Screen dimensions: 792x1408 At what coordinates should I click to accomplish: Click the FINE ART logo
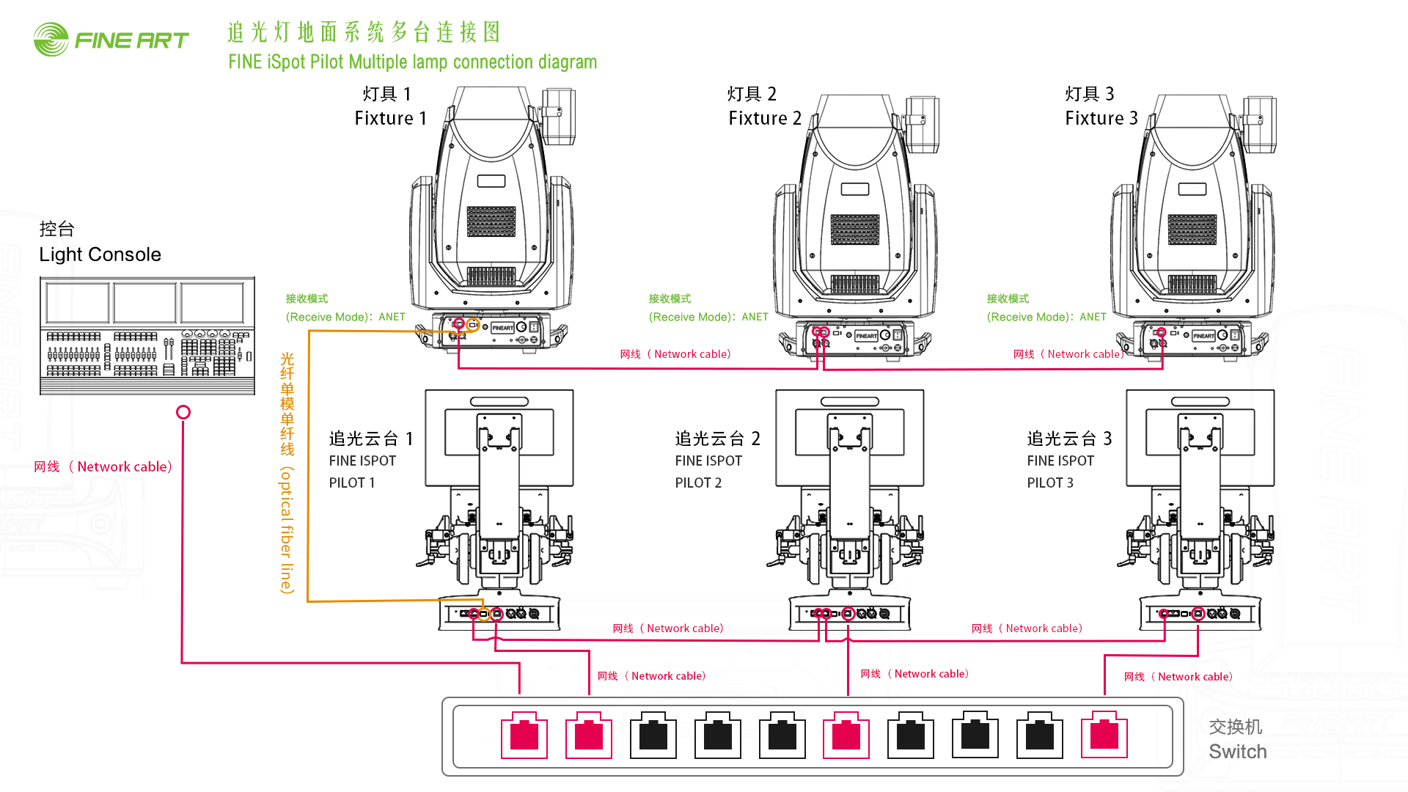click(111, 40)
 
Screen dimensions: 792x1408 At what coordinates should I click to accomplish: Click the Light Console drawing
click(147, 336)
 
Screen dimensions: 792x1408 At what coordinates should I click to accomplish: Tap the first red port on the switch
click(524, 735)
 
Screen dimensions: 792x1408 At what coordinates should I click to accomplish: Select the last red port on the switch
click(1104, 735)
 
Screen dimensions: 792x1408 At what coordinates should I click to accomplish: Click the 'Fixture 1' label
click(390, 118)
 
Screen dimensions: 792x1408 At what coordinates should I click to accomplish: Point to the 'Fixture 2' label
click(764, 118)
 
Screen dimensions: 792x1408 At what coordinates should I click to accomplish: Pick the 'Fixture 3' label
click(1101, 118)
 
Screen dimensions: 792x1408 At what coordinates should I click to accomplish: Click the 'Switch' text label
click(1237, 752)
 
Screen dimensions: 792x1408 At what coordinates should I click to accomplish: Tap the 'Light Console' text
click(100, 254)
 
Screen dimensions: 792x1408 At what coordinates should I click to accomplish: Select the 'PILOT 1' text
click(352, 483)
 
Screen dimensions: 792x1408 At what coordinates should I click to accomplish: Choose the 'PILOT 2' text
click(698, 483)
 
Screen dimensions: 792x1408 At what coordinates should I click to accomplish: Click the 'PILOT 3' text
click(1050, 483)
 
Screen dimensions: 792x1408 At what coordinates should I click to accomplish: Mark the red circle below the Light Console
click(183, 412)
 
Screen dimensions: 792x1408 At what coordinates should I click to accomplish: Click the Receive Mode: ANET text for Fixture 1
click(345, 317)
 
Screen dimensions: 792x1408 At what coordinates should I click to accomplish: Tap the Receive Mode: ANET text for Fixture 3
click(1046, 317)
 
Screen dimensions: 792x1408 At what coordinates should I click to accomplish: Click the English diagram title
click(412, 62)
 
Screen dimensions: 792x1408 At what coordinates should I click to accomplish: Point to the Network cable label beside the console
click(103, 466)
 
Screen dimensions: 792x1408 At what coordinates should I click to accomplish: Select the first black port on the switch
click(653, 735)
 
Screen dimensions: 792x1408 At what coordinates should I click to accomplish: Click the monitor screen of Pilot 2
click(850, 438)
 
